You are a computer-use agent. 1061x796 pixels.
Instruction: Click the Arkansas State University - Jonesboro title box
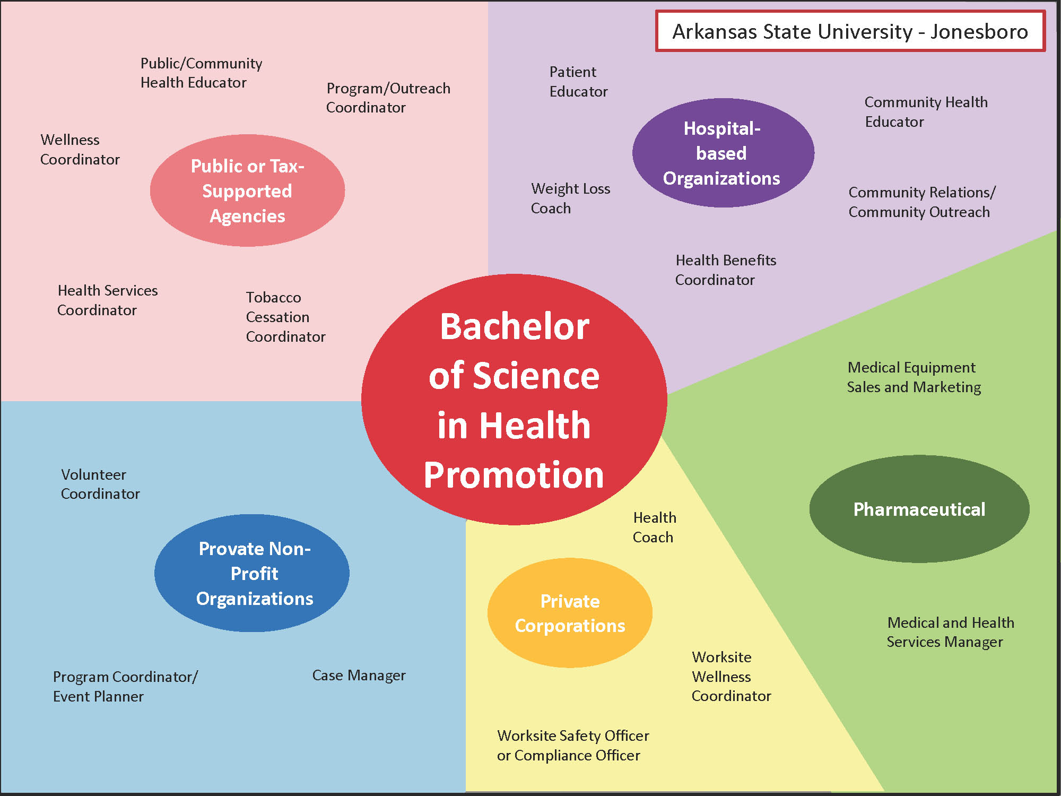[850, 31]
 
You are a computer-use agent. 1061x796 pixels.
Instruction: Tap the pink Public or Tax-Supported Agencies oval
[247, 191]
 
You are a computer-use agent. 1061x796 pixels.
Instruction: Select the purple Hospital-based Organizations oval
[723, 153]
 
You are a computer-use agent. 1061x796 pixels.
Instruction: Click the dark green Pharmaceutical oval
[919, 509]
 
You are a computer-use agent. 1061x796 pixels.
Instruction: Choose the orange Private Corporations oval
[570, 613]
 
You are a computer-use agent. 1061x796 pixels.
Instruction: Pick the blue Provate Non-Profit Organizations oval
[253, 573]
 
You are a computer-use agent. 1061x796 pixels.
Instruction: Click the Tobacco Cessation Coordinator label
[285, 317]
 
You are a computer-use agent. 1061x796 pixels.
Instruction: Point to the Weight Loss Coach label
[570, 198]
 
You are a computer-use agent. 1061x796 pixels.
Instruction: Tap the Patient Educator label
[578, 82]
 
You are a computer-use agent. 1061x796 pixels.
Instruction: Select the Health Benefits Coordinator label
[725, 270]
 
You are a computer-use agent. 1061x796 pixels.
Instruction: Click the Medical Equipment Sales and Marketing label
[914, 377]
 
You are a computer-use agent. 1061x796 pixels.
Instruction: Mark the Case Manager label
[359, 676]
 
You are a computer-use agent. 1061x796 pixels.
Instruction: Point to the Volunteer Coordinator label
[100, 484]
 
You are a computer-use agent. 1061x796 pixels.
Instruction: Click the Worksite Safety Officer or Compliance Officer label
[572, 746]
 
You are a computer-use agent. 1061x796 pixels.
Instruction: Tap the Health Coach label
[654, 527]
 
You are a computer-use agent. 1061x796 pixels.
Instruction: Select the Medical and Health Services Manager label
[950, 632]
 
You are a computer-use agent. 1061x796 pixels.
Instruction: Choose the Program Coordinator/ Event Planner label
[125, 687]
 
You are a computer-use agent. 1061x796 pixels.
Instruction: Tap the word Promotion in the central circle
[514, 474]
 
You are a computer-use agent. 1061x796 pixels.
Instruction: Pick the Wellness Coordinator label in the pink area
[80, 150]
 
